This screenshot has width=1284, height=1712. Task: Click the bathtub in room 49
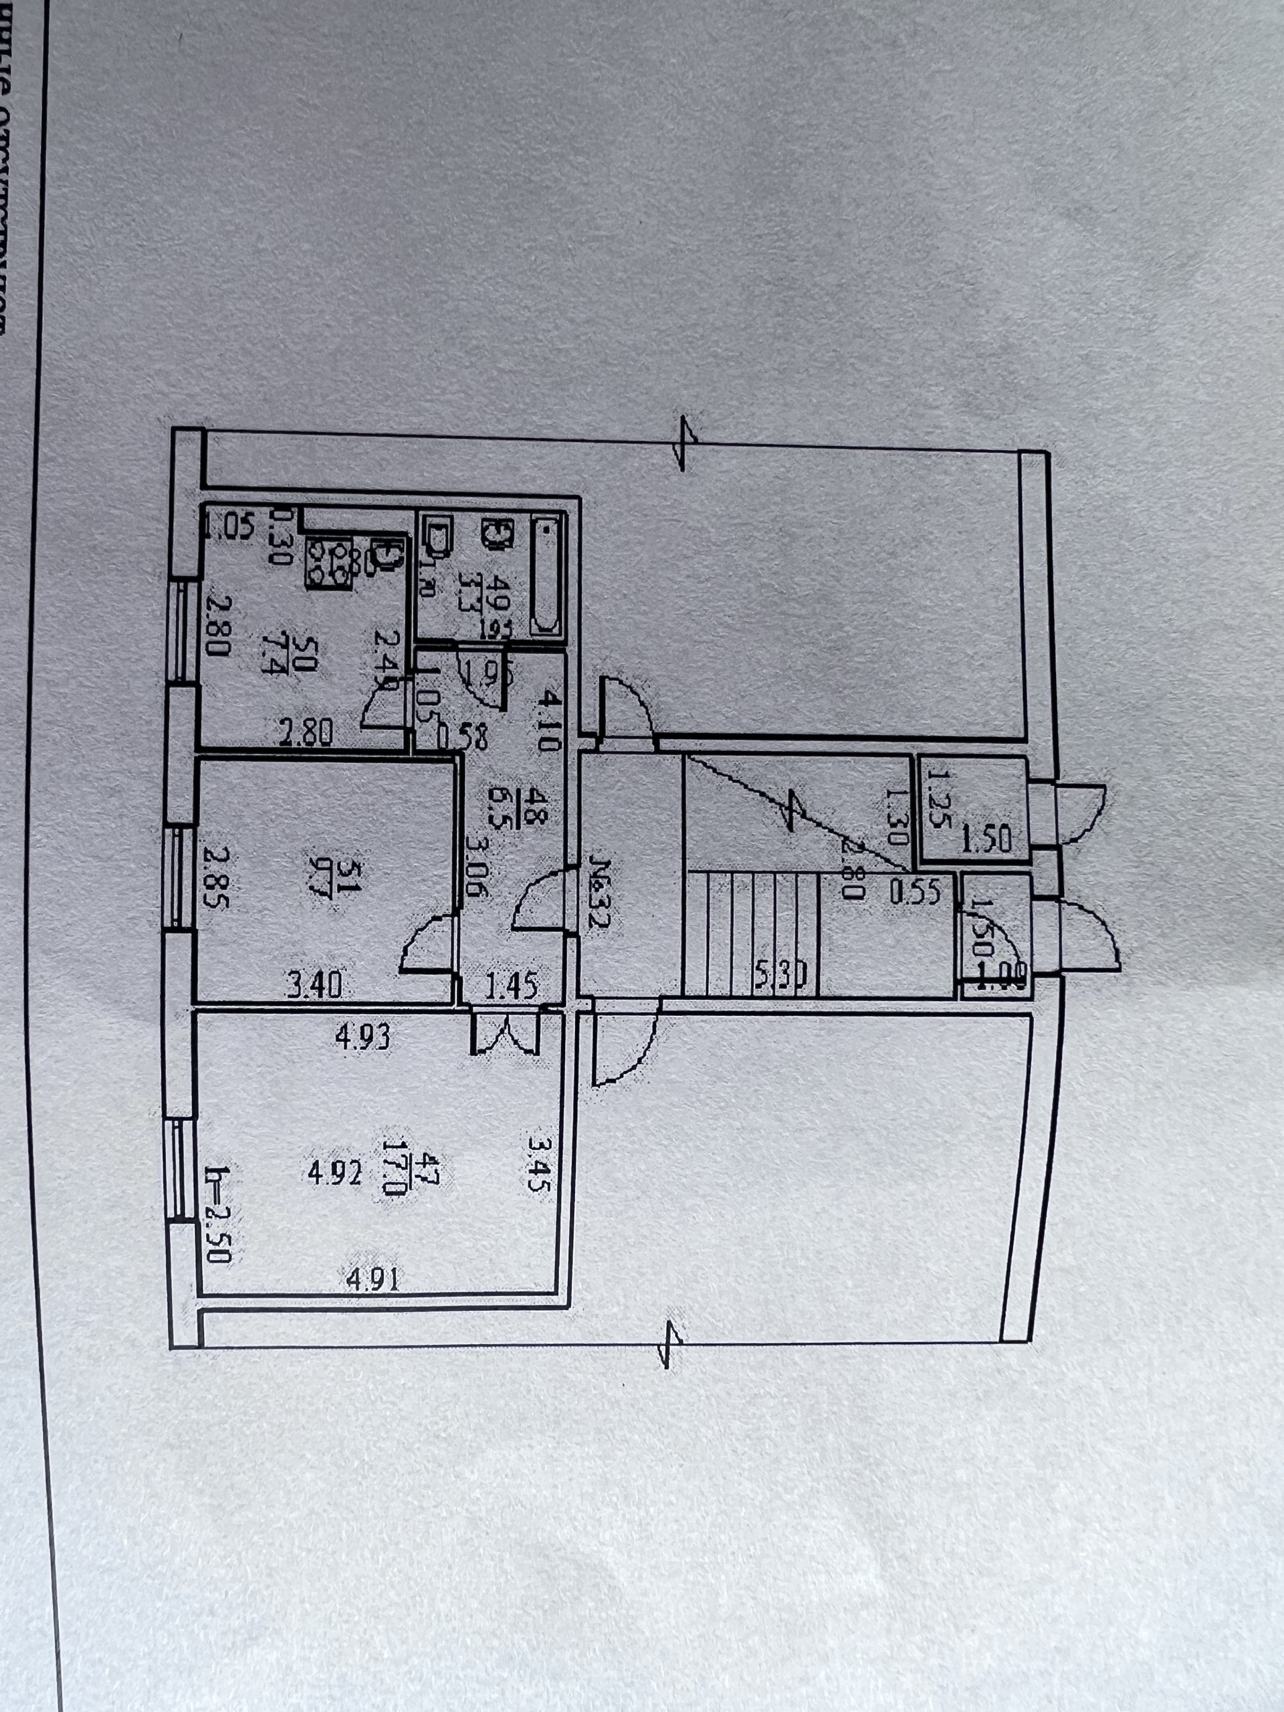pyautogui.click(x=547, y=579)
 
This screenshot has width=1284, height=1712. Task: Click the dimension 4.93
pyautogui.click(x=363, y=1037)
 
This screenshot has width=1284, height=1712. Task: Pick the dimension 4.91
pyautogui.click(x=373, y=1281)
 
